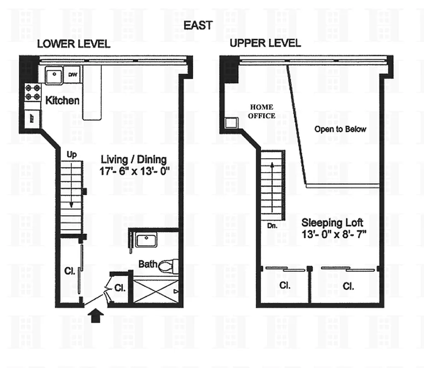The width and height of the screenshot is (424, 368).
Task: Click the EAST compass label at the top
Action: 198,25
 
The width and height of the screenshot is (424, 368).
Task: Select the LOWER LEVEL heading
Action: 73,44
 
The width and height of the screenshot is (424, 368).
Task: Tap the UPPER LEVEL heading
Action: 265,43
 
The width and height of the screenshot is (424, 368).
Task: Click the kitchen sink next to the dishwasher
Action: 54,75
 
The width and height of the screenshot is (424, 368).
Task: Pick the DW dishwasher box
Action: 73,75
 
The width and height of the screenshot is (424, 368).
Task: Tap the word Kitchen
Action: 62,100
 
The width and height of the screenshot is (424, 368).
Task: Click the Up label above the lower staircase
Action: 72,155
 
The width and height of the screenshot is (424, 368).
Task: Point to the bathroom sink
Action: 146,240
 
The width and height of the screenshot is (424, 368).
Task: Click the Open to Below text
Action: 340,129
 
